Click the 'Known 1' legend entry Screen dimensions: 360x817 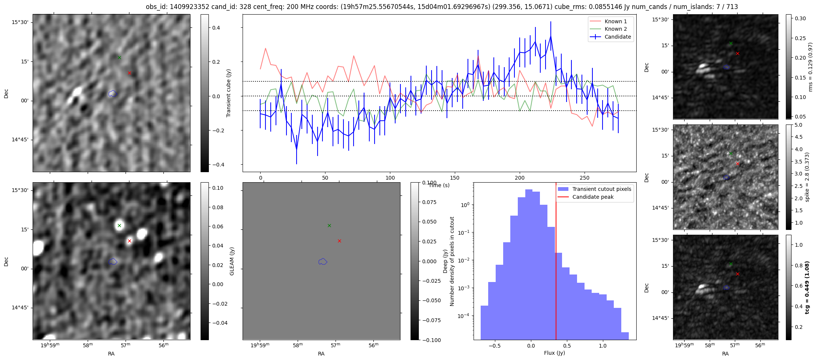pyautogui.click(x=616, y=21)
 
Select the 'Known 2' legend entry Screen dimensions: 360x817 pyautogui.click(x=616, y=29)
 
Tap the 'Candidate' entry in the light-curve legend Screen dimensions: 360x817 pyautogui.click(x=618, y=37)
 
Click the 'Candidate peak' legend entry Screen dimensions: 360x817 pyautogui.click(x=593, y=197)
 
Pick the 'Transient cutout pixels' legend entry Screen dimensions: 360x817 pyautogui.click(x=601, y=189)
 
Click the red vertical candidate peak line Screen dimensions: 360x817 pyautogui.click(x=556, y=262)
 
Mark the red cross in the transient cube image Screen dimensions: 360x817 pyautogui.click(x=129, y=73)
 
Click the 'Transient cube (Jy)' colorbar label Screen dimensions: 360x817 pyautogui.click(x=229, y=93)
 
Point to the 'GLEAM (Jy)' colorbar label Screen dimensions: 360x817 pyautogui.click(x=232, y=261)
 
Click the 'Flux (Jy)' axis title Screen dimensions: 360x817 pyautogui.click(x=554, y=353)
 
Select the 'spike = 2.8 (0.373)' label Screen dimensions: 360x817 pyautogui.click(x=807, y=177)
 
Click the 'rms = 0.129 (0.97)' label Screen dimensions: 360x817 pyautogui.click(x=807, y=67)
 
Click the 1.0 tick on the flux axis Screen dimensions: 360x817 pyautogui.click(x=603, y=345)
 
